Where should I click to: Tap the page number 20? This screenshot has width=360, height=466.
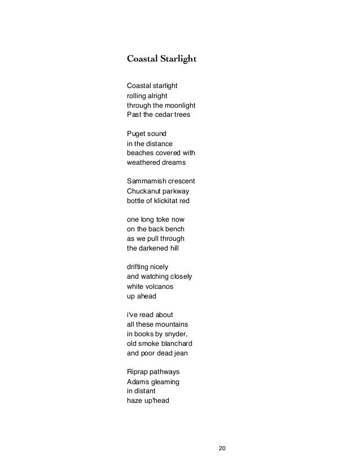pyautogui.click(x=222, y=448)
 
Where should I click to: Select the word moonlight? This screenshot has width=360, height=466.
pyautogui.click(x=179, y=105)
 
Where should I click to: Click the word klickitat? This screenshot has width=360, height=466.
pyautogui.click(x=168, y=200)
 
